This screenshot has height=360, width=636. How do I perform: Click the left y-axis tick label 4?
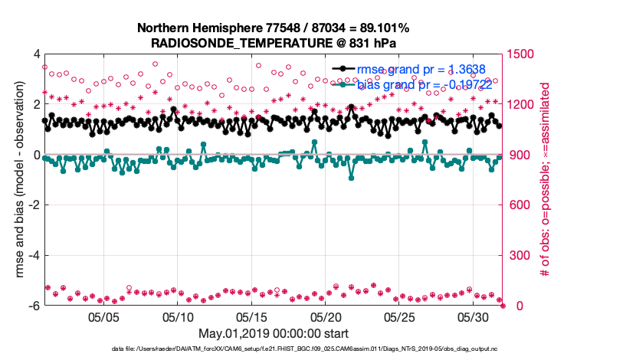click(36, 54)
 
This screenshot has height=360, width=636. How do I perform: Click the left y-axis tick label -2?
click(34, 205)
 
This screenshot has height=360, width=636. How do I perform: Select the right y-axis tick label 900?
click(520, 155)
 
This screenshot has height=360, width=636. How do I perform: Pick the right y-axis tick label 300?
click(520, 255)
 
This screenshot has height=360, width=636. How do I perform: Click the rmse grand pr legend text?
click(421, 69)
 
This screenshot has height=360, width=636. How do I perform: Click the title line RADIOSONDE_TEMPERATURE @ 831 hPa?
click(273, 43)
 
